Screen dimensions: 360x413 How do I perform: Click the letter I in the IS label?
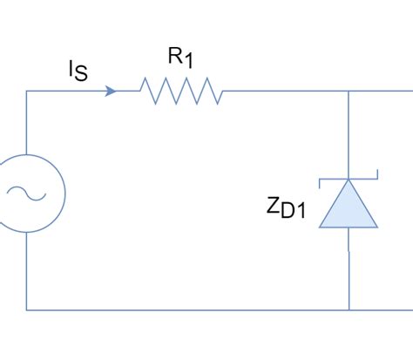(72, 69)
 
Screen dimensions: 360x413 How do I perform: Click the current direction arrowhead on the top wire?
(111, 90)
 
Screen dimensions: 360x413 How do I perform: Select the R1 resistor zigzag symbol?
(180, 90)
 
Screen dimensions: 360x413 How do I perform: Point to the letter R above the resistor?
(175, 57)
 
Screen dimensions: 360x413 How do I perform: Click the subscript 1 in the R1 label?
(187, 62)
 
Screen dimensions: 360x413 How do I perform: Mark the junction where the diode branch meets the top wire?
(349, 90)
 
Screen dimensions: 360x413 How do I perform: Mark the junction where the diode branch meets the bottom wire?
(349, 309)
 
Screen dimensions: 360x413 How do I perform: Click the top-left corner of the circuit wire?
(27, 90)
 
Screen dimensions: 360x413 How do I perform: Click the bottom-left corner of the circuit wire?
(27, 309)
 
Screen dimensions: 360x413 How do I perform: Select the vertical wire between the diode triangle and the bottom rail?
(349, 270)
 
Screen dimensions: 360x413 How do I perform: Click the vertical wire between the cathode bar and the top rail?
(349, 135)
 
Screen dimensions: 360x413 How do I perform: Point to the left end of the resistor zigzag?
(139, 90)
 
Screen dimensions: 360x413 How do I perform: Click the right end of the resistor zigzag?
(223, 90)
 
